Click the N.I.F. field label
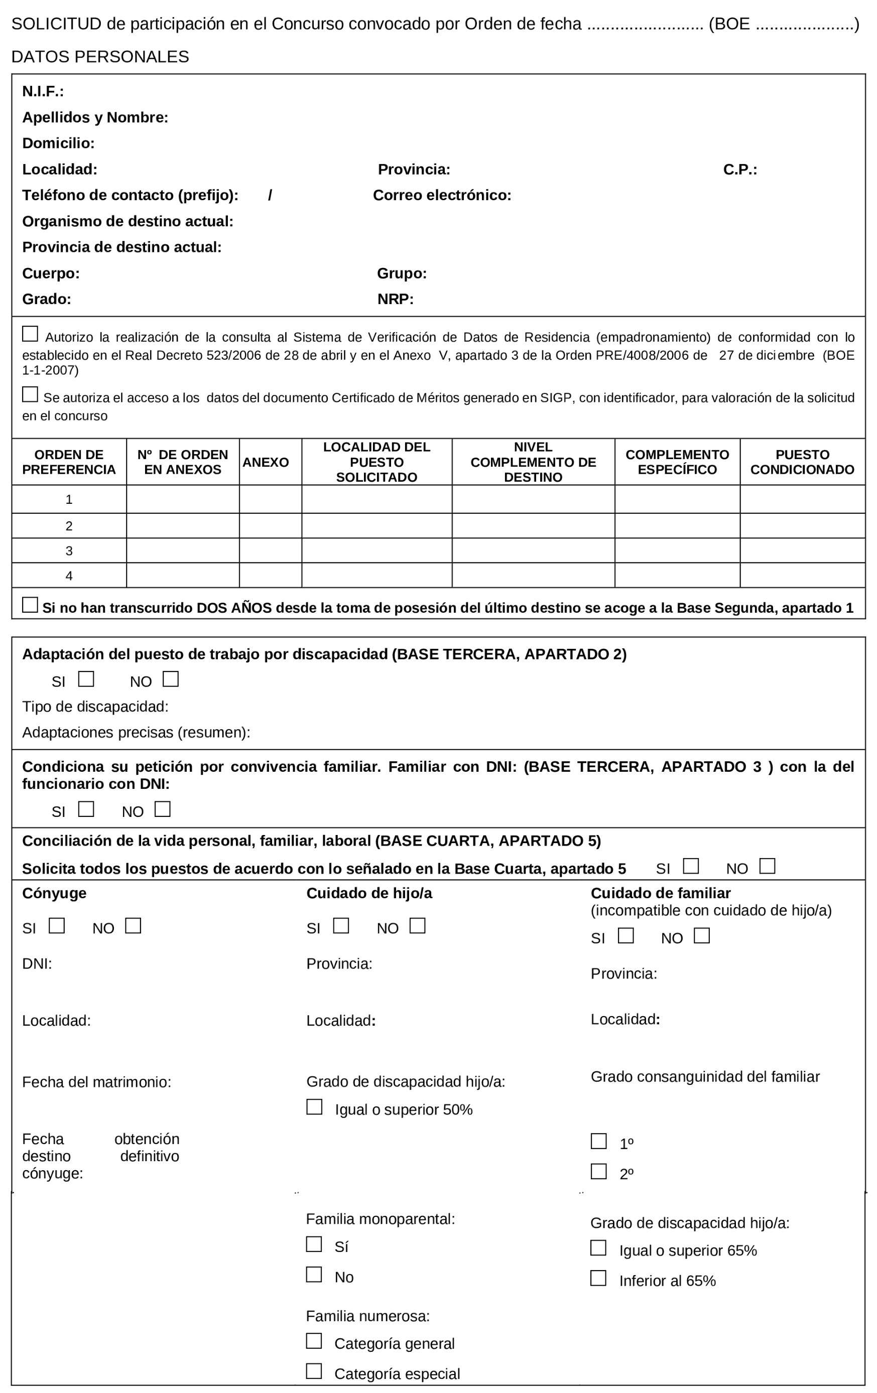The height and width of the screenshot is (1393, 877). coord(43,91)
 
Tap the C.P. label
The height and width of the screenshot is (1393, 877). coord(739,170)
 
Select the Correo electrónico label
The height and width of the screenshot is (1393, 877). coord(442,196)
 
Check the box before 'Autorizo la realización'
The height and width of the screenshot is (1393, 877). coord(30,334)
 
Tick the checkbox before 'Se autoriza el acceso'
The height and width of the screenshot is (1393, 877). coord(30,394)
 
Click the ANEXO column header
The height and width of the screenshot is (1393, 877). coord(265,462)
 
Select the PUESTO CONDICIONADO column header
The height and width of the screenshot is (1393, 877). coord(802,462)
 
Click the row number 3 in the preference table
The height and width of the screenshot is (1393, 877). coord(69,550)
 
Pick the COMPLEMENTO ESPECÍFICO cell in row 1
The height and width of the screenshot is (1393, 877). coord(677,499)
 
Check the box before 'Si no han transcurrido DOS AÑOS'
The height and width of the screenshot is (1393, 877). coord(30,605)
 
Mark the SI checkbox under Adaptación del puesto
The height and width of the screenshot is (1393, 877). coord(86,678)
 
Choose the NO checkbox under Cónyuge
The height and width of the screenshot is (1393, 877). coord(133,926)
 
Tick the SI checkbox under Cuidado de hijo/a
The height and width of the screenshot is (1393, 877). coord(341,926)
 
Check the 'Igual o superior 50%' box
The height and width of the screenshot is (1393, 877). coord(314,1106)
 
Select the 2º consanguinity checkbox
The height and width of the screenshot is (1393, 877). coord(598,1171)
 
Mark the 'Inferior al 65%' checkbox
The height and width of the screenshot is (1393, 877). coord(598,1278)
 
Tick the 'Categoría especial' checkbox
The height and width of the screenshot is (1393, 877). coord(314,1371)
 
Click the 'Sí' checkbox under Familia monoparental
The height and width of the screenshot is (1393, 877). coord(314,1244)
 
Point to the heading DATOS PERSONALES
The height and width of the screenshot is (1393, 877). coord(100,57)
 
